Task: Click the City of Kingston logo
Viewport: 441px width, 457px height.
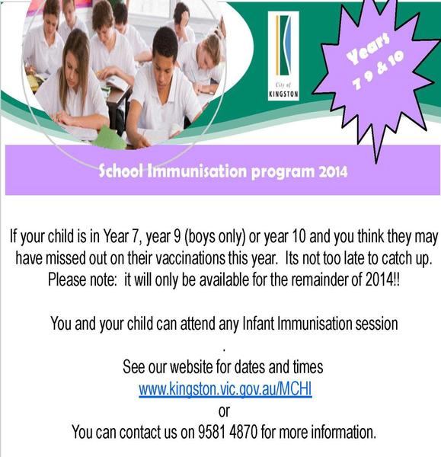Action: [283, 56]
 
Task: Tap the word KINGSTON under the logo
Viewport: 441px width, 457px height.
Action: [283, 94]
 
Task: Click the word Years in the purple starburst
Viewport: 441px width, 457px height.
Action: [368, 49]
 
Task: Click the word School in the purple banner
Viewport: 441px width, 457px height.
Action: [120, 171]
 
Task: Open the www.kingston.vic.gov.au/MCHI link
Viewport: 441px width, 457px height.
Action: [225, 389]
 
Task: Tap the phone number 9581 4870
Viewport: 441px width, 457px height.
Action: [228, 432]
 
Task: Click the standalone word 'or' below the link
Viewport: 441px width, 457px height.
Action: [224, 411]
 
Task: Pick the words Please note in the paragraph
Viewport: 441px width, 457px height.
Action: [82, 280]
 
